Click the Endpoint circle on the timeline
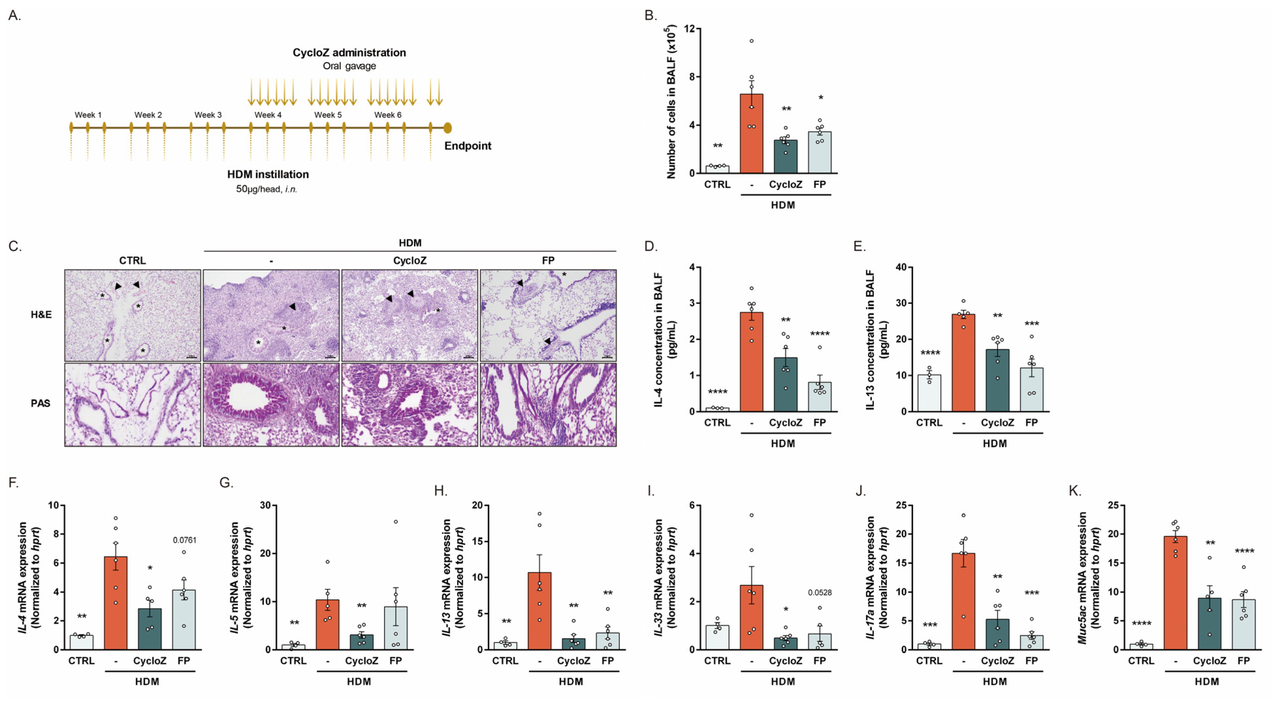[447, 128]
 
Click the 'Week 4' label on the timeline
[268, 115]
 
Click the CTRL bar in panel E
[929, 393]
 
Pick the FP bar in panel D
[819, 397]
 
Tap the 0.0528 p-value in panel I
[819, 593]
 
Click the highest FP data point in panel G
[396, 522]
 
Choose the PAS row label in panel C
[40, 403]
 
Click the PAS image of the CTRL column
[133, 405]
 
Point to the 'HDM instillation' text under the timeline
[268, 174]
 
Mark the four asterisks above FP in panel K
[1244, 551]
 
